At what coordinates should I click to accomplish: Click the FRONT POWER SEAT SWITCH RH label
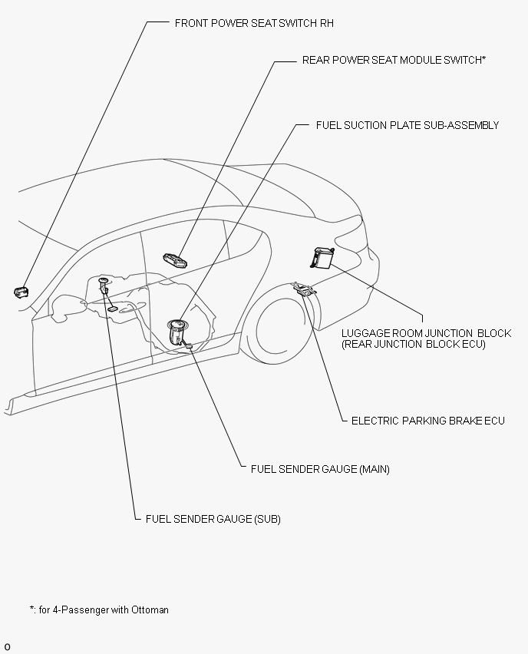(254, 23)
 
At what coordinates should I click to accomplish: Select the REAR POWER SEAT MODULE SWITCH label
(394, 60)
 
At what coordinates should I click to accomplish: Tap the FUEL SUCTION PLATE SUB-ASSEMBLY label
(407, 125)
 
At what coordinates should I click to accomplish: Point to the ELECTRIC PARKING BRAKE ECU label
(428, 421)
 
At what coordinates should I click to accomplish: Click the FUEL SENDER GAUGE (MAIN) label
(320, 469)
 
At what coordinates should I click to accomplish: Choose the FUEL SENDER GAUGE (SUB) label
(213, 519)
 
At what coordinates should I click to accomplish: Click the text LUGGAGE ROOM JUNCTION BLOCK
(426, 333)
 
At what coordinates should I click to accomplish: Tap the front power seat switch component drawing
(21, 292)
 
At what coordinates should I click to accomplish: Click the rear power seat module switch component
(175, 260)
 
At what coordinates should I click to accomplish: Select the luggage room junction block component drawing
(322, 257)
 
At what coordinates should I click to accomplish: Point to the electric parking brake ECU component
(305, 289)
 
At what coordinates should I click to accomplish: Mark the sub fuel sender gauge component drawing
(107, 293)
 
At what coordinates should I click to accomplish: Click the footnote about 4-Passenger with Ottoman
(99, 609)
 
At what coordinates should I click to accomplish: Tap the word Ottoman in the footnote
(150, 609)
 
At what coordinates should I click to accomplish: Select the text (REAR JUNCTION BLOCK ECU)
(414, 344)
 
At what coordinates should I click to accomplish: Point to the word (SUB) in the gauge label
(267, 519)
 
